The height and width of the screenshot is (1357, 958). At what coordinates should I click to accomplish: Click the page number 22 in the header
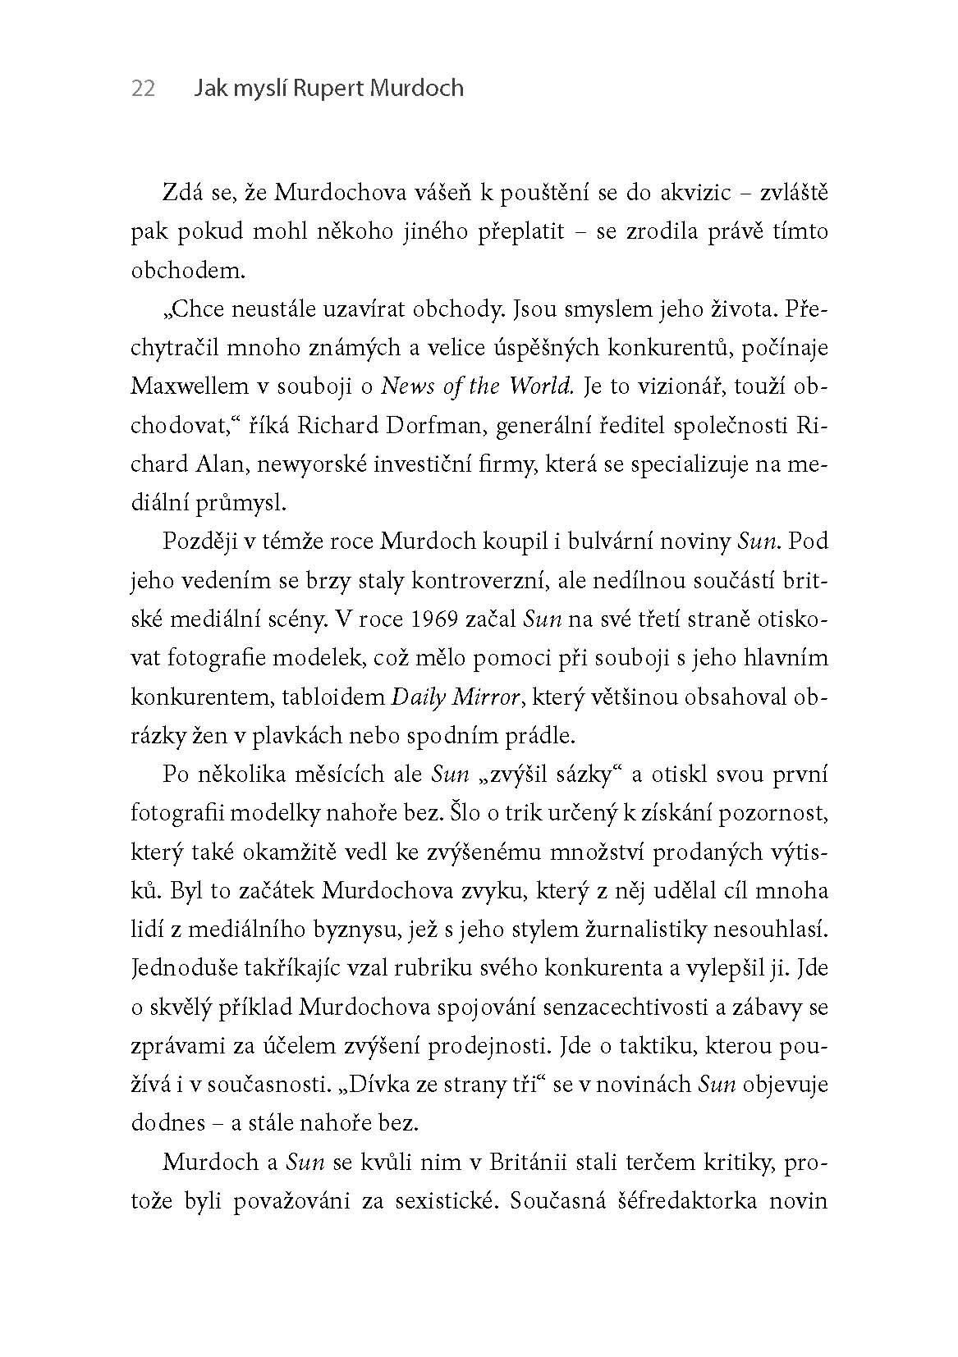pos(143,89)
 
